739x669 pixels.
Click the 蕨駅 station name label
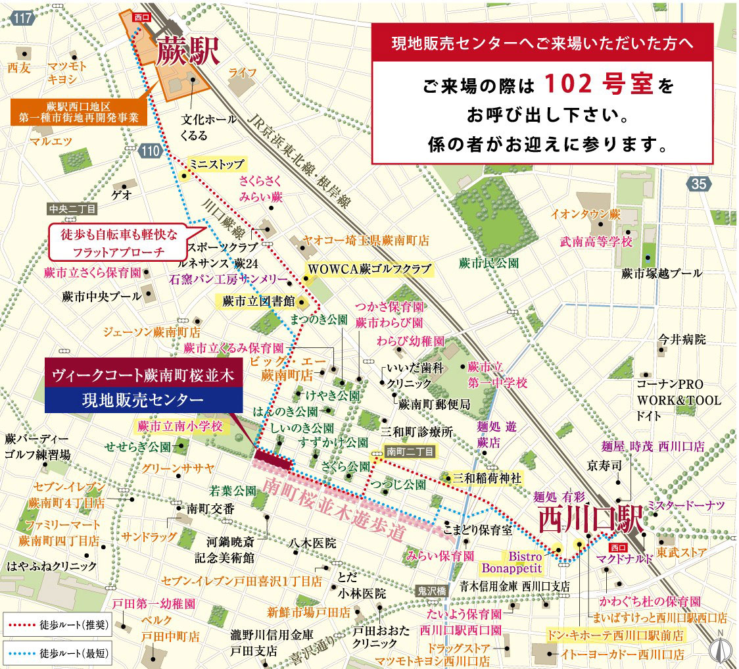click(x=186, y=51)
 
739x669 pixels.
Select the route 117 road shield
click(x=22, y=18)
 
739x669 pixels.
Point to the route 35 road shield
click(x=698, y=185)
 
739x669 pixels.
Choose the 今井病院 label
click(x=682, y=340)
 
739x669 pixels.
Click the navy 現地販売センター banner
click(x=143, y=399)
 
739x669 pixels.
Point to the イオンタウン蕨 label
click(x=586, y=214)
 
